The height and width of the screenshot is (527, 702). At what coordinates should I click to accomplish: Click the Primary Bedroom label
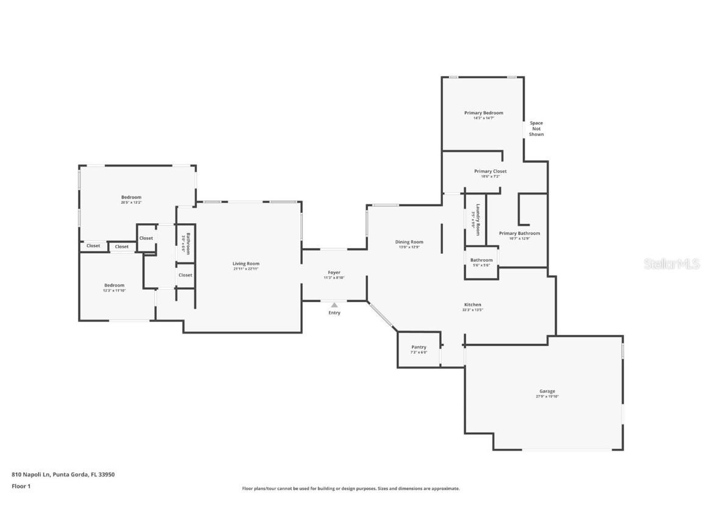pyautogui.click(x=483, y=113)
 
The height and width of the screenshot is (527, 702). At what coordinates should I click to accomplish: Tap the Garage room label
pyautogui.click(x=547, y=392)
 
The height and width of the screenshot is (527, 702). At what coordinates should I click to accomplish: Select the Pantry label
pyautogui.click(x=419, y=348)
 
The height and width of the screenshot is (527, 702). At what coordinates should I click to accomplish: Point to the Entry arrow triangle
pyautogui.click(x=334, y=305)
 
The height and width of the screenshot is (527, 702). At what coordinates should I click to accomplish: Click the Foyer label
pyautogui.click(x=334, y=273)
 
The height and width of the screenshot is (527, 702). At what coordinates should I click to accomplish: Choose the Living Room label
pyautogui.click(x=246, y=264)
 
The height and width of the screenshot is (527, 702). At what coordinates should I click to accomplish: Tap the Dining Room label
pyautogui.click(x=409, y=242)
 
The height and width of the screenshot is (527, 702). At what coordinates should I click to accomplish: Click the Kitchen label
pyautogui.click(x=472, y=305)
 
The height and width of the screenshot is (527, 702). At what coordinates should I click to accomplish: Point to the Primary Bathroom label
pyautogui.click(x=519, y=234)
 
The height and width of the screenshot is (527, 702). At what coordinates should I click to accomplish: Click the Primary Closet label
pyautogui.click(x=490, y=171)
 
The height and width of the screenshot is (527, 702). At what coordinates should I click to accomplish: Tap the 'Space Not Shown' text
pyautogui.click(x=536, y=129)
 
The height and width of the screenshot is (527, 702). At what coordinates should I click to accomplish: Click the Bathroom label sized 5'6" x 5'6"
pyautogui.click(x=481, y=260)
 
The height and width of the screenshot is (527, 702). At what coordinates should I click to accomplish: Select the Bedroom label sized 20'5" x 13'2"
pyautogui.click(x=131, y=198)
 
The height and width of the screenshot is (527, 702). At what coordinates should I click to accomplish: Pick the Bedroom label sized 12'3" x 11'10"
pyautogui.click(x=114, y=285)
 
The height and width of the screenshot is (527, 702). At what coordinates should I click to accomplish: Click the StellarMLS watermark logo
pyautogui.click(x=664, y=263)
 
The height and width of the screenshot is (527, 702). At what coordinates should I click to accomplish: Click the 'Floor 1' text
pyautogui.click(x=21, y=486)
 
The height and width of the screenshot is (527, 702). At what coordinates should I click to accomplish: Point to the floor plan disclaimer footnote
pyautogui.click(x=350, y=489)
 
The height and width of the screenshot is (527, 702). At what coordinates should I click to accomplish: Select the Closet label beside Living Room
pyautogui.click(x=185, y=275)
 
